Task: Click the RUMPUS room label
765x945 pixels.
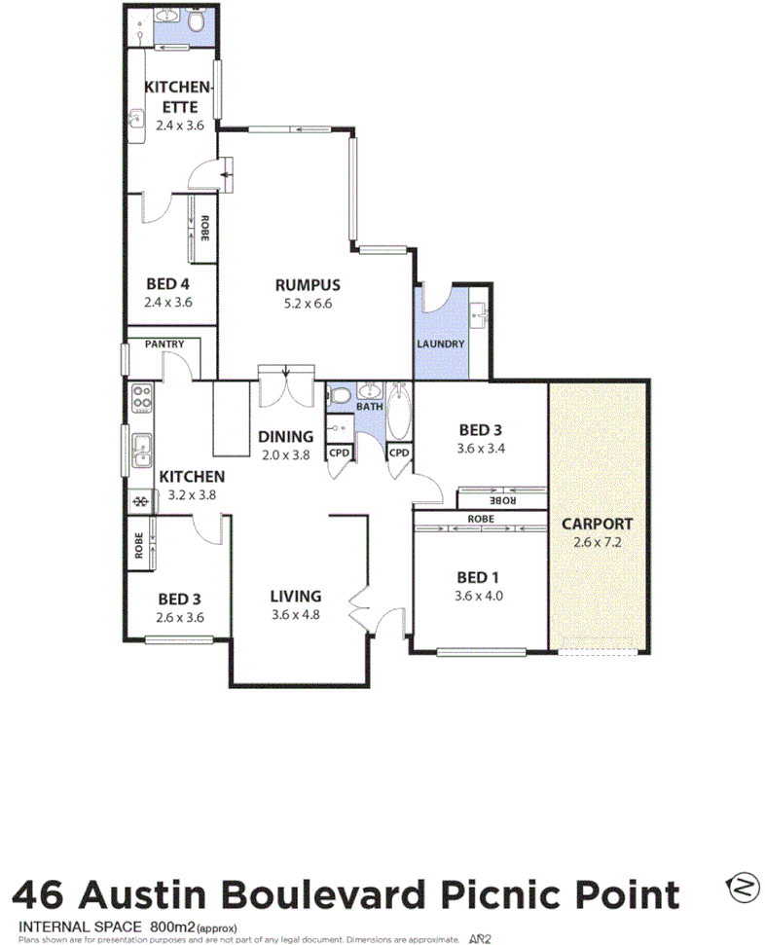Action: click(307, 285)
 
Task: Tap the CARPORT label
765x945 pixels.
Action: click(598, 523)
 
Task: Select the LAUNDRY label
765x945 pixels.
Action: click(440, 345)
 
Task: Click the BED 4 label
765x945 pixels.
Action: click(167, 284)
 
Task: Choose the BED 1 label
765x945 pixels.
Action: click(480, 578)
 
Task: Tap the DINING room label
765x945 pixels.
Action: click(285, 437)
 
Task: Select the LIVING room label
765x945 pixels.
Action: click(296, 597)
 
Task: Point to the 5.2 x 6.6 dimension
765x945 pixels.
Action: click(307, 304)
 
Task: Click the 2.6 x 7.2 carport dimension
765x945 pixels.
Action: click(598, 542)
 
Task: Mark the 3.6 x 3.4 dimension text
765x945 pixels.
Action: click(480, 449)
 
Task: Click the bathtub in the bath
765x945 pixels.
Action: click(399, 414)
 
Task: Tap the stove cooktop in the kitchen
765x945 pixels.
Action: click(142, 397)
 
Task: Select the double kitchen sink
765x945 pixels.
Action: click(142, 450)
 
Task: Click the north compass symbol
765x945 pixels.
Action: click(742, 887)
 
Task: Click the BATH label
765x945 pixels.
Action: click(370, 407)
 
